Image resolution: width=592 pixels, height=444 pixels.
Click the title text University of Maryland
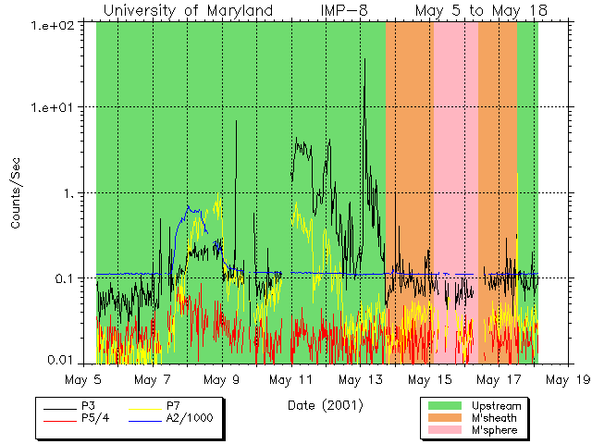[188, 11]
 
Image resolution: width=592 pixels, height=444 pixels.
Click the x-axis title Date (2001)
[325, 405]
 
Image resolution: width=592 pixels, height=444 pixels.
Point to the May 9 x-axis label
[222, 379]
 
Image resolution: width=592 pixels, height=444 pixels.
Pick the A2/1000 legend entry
[190, 418]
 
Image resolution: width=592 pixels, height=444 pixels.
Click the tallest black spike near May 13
[364, 61]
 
